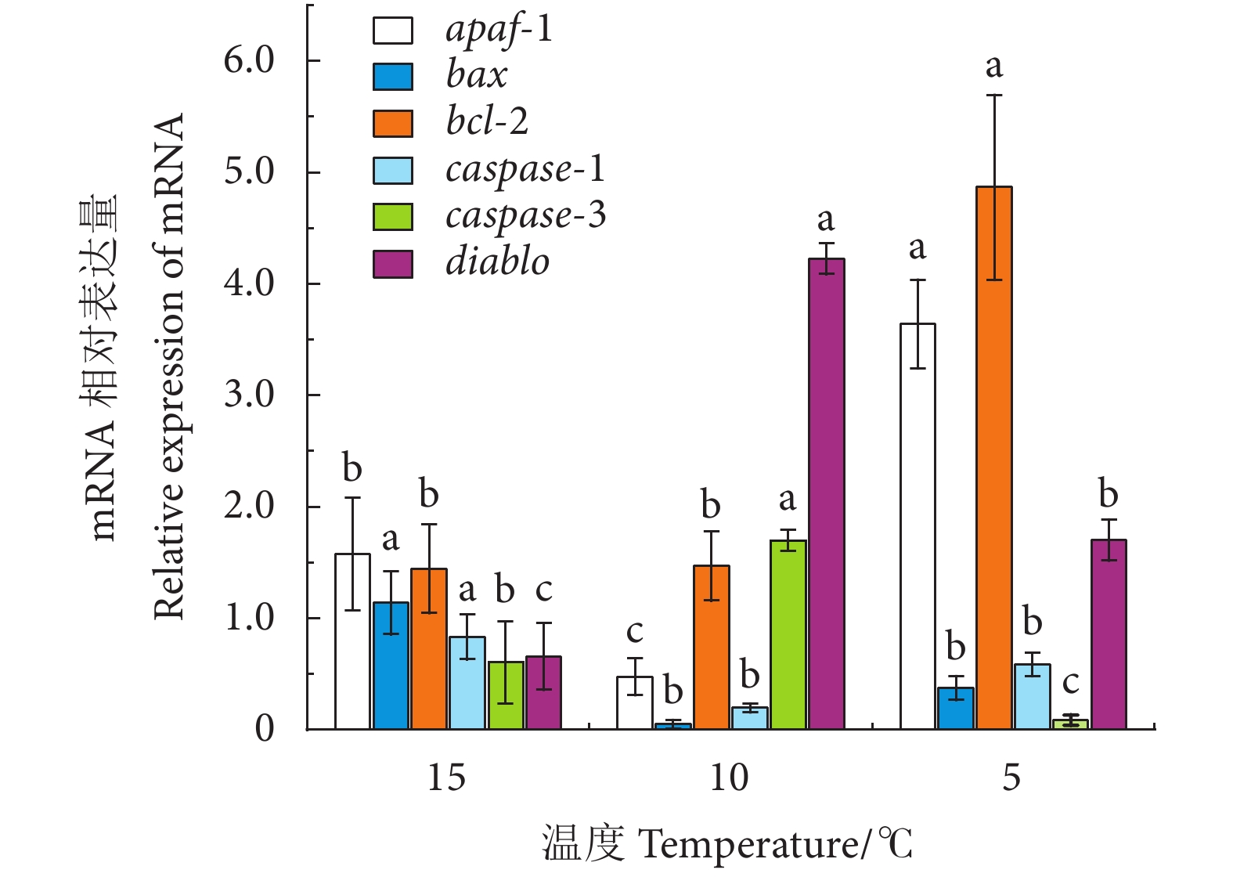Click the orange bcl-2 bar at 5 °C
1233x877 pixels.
pyautogui.click(x=993, y=458)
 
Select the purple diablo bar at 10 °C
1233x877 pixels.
pyautogui.click(x=826, y=494)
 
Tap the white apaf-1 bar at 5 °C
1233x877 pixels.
pyautogui.click(x=918, y=526)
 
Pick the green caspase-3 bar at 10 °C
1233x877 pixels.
pyautogui.click(x=788, y=635)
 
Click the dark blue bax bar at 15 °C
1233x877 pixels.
pyautogui.click(x=391, y=666)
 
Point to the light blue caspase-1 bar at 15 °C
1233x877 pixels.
pyautogui.click(x=467, y=683)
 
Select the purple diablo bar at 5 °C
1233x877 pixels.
pyautogui.click(x=1109, y=634)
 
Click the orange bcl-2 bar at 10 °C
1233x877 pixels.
pyautogui.click(x=711, y=648)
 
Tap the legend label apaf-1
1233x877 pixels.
pyautogui.click(x=499, y=29)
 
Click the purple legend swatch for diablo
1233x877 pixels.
pyautogui.click(x=392, y=264)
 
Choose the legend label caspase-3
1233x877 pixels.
pyautogui.click(x=525, y=215)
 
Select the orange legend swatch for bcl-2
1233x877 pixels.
pyautogui.click(x=392, y=123)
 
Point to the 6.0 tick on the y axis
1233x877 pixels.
pyautogui.click(x=249, y=60)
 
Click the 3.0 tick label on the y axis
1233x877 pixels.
pyautogui.click(x=249, y=395)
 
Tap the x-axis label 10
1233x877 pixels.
pyautogui.click(x=729, y=778)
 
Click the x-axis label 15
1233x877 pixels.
pyautogui.click(x=446, y=778)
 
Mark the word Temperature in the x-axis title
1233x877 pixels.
pyautogui.click(x=749, y=845)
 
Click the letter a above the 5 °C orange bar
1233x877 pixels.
pyautogui.click(x=993, y=67)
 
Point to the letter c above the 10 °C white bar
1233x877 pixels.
pyautogui.click(x=634, y=631)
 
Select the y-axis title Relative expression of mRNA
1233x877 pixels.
pyautogui.click(x=168, y=366)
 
